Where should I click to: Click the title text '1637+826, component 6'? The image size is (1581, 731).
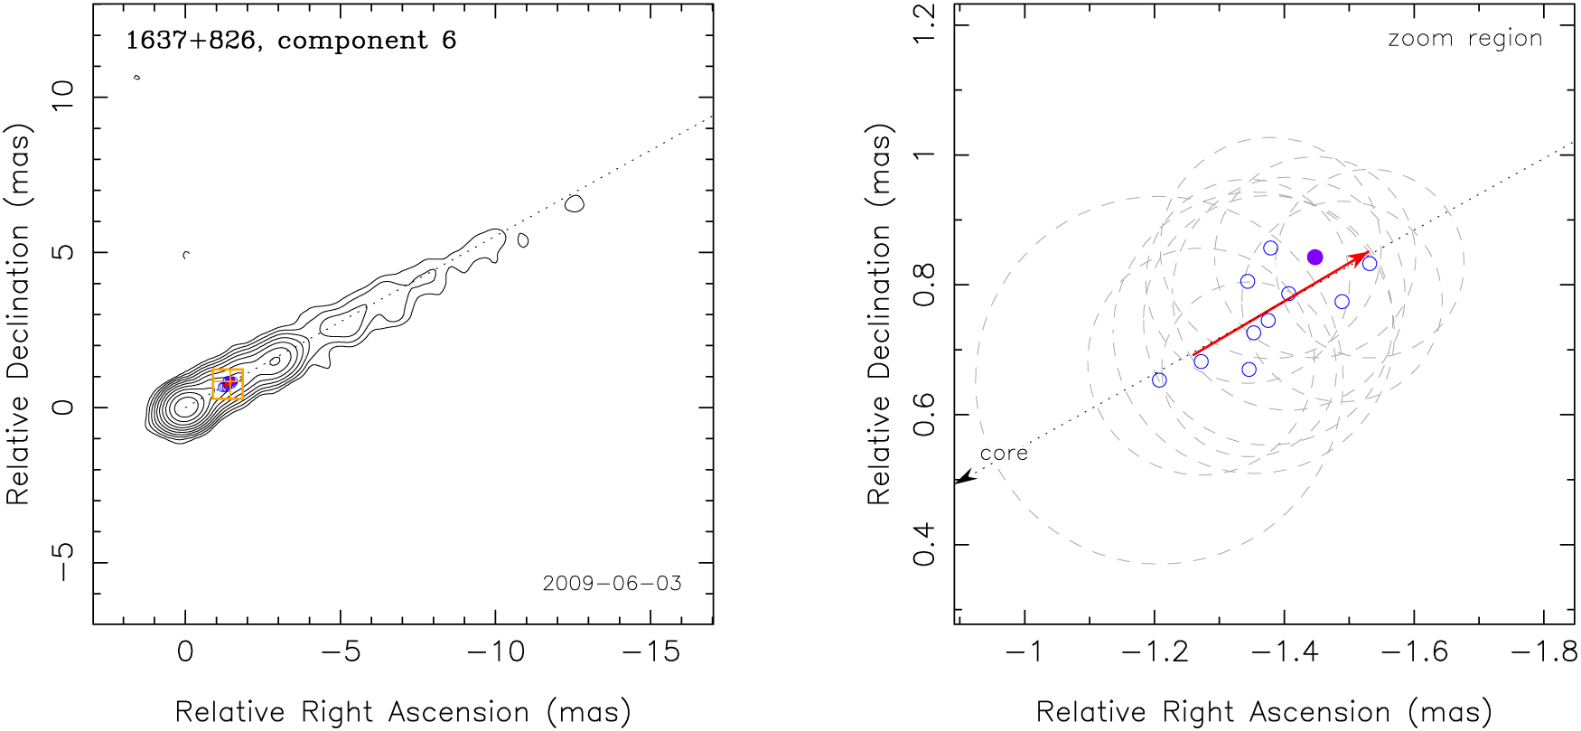coord(290,41)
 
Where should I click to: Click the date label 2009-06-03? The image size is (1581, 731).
coord(612,584)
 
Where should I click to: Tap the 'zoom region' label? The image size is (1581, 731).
coord(1464,39)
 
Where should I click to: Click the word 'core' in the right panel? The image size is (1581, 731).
coord(1004,454)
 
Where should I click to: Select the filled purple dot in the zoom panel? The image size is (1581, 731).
coord(1314,258)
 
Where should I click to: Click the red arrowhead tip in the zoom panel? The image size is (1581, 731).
coord(1366,255)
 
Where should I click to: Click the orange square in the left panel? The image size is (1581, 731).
coord(228,384)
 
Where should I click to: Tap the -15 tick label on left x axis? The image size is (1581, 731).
coord(651,651)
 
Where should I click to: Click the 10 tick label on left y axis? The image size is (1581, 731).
coord(62,96)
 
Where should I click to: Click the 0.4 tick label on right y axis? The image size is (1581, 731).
coord(924,545)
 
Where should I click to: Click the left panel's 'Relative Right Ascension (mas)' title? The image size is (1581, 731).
coord(403,712)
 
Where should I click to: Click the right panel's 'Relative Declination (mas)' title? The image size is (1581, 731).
coord(879,314)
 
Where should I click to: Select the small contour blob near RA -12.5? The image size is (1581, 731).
coord(574,204)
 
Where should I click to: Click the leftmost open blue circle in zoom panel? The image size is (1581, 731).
coord(1159,380)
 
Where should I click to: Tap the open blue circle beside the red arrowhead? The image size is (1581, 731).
coord(1370,264)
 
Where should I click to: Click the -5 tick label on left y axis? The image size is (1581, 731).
coord(62,561)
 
